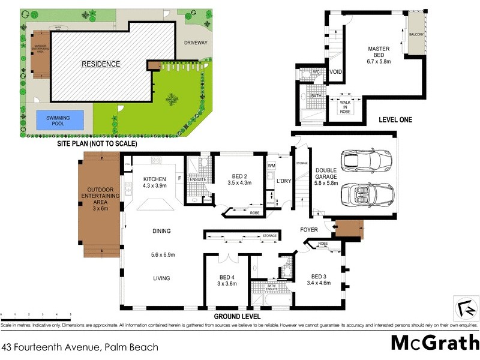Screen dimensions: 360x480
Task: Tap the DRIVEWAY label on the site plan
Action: pyautogui.click(x=195, y=43)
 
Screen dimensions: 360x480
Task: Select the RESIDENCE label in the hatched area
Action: pyautogui.click(x=101, y=64)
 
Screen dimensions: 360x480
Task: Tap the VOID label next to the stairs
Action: pyautogui.click(x=336, y=72)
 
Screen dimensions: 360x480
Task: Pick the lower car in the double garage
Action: pyautogui.click(x=365, y=194)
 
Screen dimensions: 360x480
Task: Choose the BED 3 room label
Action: pyautogui.click(x=318, y=279)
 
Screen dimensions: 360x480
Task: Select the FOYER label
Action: pyautogui.click(x=310, y=230)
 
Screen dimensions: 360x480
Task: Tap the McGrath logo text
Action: pyautogui.click(x=434, y=342)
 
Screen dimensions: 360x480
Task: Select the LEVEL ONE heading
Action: pyautogui.click(x=395, y=120)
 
